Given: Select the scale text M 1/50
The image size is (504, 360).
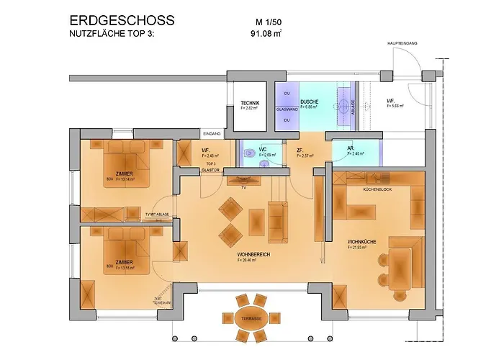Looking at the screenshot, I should click(262, 21).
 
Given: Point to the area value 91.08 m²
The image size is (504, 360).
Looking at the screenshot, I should click(264, 33).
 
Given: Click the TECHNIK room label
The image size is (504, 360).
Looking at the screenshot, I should click(249, 104).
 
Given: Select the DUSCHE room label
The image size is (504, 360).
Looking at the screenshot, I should click(310, 102).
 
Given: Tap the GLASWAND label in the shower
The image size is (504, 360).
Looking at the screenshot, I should click(287, 110).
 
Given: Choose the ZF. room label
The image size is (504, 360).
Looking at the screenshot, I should click(300, 150).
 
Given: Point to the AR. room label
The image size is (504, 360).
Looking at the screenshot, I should click(351, 149).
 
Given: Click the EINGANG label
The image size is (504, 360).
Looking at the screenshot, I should click(212, 134).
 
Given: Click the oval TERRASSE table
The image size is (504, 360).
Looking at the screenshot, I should click(250, 317).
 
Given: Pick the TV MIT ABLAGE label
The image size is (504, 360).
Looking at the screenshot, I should click(158, 215).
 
